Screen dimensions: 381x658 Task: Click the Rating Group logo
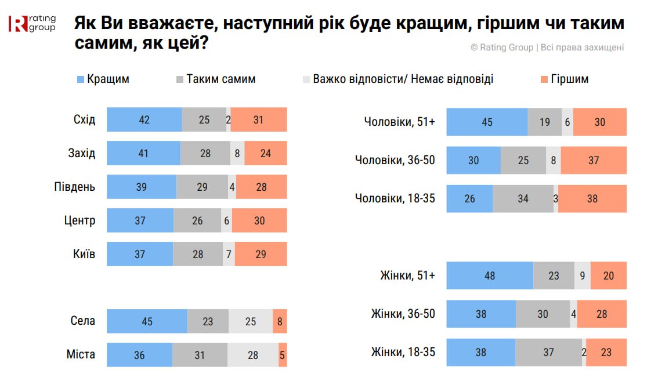tap(31, 23)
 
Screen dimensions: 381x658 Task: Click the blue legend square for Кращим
tap(81, 79)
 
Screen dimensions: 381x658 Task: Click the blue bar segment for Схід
tap(144, 120)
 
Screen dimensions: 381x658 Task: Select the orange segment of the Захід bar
tap(265, 154)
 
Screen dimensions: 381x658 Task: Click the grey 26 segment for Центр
tap(197, 221)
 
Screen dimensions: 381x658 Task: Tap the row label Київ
tap(84, 255)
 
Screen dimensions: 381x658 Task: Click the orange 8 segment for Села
tap(280, 321)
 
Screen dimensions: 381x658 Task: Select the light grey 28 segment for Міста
tap(252, 355)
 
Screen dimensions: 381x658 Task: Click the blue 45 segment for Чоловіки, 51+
tap(487, 122)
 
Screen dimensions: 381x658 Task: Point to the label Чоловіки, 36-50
tap(395, 160)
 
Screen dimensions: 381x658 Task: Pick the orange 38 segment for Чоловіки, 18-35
tap(592, 199)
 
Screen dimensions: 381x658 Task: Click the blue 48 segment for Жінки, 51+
tap(490, 275)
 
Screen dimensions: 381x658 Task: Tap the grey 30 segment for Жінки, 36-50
tap(543, 314)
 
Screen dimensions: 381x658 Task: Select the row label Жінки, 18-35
tap(403, 352)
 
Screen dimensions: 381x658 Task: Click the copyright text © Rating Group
tap(502, 48)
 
